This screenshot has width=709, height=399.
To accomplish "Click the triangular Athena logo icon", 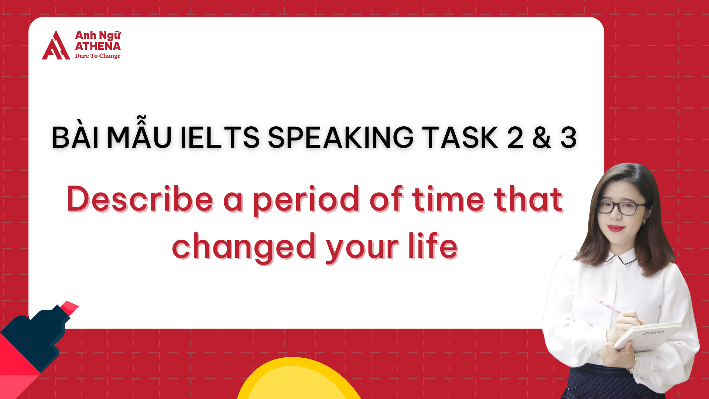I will [56, 46].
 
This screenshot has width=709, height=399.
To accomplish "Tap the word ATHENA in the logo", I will [98, 46].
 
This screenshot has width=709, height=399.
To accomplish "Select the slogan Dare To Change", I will [98, 56].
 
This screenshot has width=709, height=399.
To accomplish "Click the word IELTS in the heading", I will [220, 138].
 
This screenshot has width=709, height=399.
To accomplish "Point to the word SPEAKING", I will [340, 138].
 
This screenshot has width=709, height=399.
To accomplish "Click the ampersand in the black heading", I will [541, 138].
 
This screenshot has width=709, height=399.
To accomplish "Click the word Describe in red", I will [140, 199].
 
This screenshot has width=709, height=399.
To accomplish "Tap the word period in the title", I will [306, 201].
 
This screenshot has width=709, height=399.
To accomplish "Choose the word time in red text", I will [448, 199].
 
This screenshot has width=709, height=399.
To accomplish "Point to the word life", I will [433, 246].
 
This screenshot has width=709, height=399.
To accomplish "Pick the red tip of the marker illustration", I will [69, 307].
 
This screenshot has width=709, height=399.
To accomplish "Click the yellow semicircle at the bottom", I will [299, 381].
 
